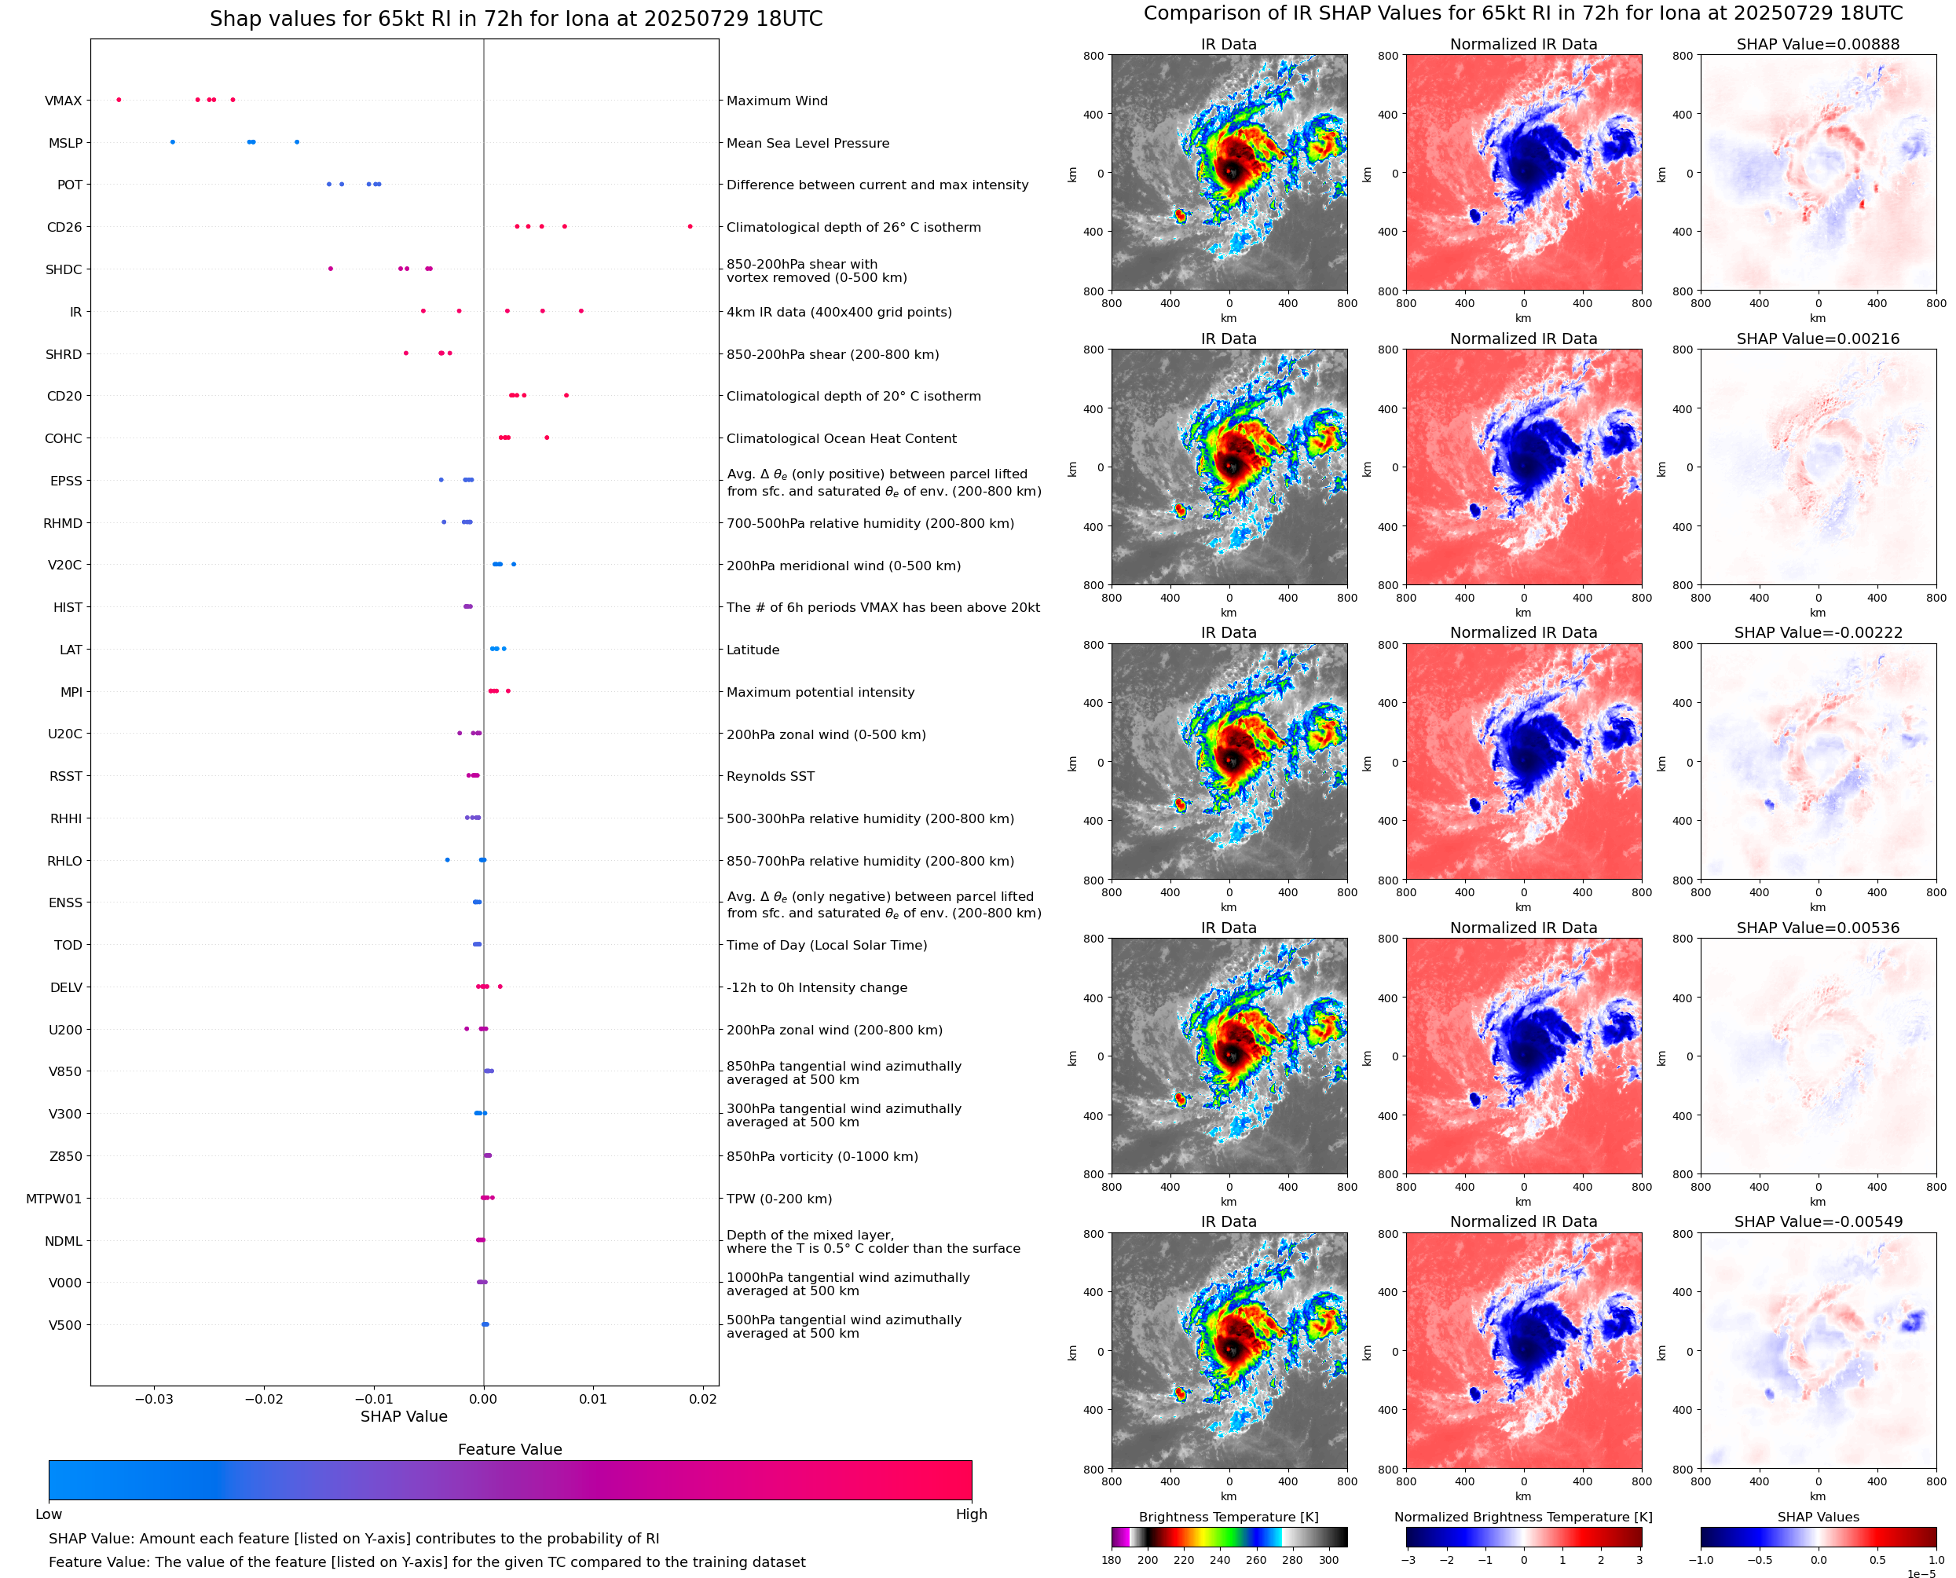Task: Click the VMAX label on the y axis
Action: (x=63, y=101)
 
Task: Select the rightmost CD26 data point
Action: (x=690, y=226)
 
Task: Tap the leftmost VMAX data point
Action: (x=119, y=100)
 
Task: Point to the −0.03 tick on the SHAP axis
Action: (x=154, y=1399)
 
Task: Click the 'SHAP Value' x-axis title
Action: (x=404, y=1416)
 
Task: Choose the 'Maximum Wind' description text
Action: (x=776, y=101)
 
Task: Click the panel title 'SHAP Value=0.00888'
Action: (x=1817, y=45)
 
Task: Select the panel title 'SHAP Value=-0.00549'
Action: (x=1817, y=1221)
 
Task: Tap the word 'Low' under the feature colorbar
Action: (x=48, y=1514)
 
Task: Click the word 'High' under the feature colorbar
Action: (x=971, y=1514)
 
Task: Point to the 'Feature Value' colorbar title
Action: (x=510, y=1450)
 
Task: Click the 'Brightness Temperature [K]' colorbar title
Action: (x=1228, y=1517)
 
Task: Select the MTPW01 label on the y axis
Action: (x=53, y=1199)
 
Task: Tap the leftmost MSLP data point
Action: (x=173, y=142)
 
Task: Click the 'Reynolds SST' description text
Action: (x=770, y=776)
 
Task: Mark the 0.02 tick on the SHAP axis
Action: (x=702, y=1399)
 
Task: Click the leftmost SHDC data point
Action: (x=330, y=268)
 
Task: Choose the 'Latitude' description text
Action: (x=753, y=650)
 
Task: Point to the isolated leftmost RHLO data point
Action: (x=447, y=860)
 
